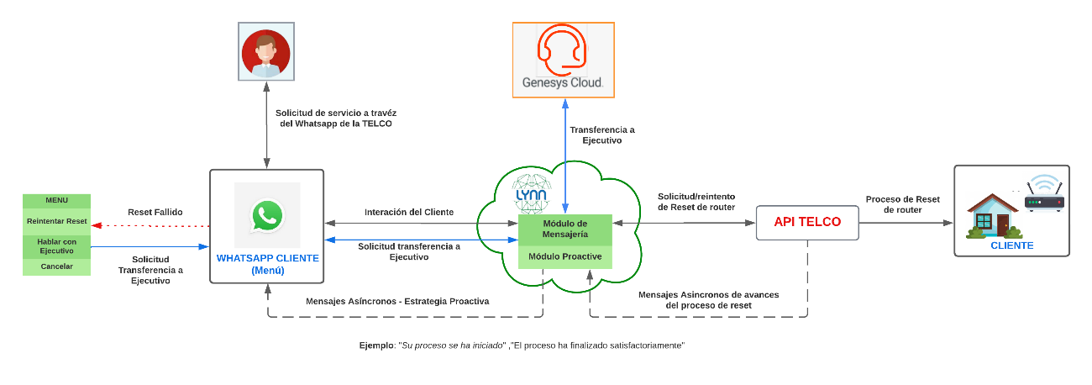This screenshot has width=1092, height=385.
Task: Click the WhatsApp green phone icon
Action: coord(267,216)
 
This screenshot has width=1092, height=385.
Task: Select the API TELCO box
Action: coord(807,223)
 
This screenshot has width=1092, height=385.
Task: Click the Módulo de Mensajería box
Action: coord(565,228)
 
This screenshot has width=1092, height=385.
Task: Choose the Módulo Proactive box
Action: coord(565,256)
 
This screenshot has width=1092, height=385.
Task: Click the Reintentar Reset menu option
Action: coord(57,221)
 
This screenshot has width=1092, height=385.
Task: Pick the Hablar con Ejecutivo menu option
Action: coord(57,246)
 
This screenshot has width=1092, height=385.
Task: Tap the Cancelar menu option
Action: coord(57,266)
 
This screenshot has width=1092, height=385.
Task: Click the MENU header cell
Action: coord(57,200)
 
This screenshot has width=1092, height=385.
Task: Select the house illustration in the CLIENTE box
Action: coord(992,216)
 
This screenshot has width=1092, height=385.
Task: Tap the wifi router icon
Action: coord(1044,198)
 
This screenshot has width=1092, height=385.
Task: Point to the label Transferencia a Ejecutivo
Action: coord(602,135)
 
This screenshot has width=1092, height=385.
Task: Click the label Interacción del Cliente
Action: coord(409,212)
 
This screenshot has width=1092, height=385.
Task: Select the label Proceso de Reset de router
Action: coord(903,204)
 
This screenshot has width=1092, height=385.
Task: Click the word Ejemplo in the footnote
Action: coord(375,345)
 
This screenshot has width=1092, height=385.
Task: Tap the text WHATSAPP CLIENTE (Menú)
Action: coord(267,264)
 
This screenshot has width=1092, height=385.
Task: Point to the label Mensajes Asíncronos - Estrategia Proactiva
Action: coord(396,300)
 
